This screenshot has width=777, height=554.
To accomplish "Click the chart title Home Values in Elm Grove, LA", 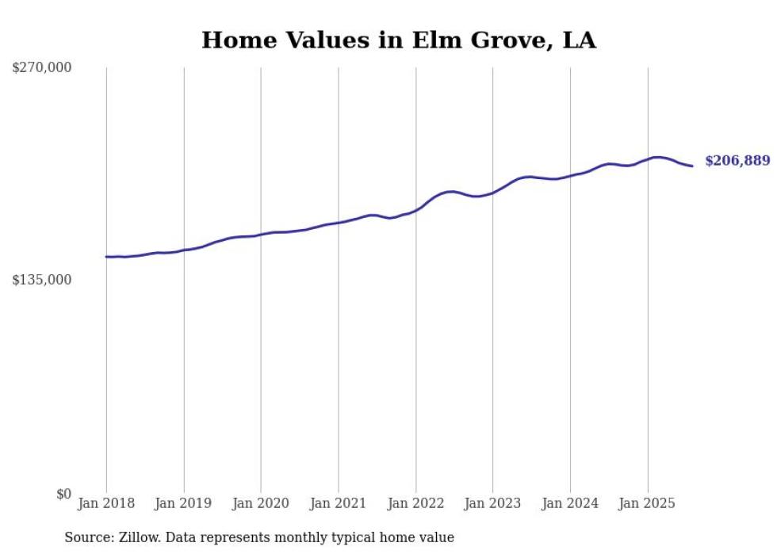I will [398, 40].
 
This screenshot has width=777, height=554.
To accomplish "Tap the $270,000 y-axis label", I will [42, 68].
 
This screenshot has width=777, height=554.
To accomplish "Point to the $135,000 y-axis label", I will [42, 280].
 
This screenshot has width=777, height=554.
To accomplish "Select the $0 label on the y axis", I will [63, 494].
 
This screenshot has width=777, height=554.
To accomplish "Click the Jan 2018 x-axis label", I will [106, 503].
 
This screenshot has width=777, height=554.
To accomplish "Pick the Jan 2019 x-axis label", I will [184, 503].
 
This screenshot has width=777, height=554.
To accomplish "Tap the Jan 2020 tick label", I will [261, 503].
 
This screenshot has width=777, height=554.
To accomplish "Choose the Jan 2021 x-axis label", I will [339, 503].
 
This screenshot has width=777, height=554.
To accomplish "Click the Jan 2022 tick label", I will [415, 503].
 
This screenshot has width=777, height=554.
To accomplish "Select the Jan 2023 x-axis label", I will [492, 503].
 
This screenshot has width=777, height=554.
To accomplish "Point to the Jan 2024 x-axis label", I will [570, 503].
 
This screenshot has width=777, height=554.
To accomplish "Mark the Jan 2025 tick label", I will [648, 503].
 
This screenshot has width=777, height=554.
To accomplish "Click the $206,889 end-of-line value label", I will [737, 161].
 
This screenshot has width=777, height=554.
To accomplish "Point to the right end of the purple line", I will [692, 166].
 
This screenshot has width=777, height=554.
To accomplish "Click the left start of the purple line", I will [106, 257].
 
